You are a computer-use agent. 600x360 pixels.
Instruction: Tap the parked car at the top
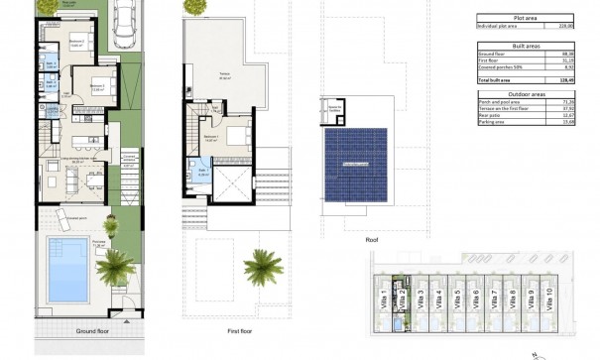click(x=123, y=22)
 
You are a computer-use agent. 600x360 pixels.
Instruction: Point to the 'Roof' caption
click(x=344, y=239)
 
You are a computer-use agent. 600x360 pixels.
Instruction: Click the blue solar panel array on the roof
click(x=355, y=162)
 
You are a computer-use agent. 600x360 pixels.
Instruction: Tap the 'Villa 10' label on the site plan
click(x=546, y=295)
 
